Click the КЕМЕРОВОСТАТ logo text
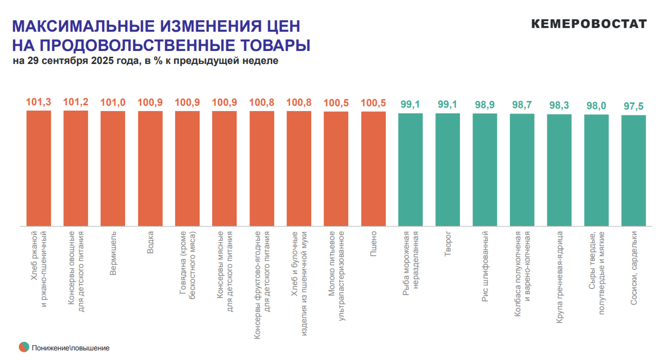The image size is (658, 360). [x=589, y=24]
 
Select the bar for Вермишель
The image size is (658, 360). [x=113, y=168]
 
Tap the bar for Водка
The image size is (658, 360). [x=150, y=168]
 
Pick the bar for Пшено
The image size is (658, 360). [x=373, y=168]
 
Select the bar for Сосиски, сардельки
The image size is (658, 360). [x=633, y=170]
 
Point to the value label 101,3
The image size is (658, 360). [x=38, y=102]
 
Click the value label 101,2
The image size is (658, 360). [x=76, y=102]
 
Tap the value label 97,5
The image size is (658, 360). [x=633, y=106]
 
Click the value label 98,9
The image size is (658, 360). [x=485, y=105]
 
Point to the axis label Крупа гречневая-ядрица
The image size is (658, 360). [x=559, y=277]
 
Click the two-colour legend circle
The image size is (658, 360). [x=24, y=347]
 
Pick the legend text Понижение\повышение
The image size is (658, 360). [x=71, y=348]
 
